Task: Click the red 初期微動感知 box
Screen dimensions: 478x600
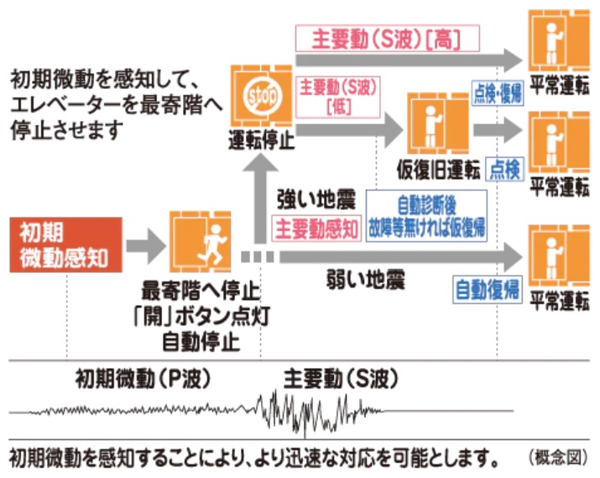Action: (x=65, y=244)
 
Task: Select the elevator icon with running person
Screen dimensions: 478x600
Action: (x=200, y=244)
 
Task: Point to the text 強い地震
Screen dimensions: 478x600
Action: (x=316, y=201)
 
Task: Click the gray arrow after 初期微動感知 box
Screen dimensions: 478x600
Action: (x=145, y=244)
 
